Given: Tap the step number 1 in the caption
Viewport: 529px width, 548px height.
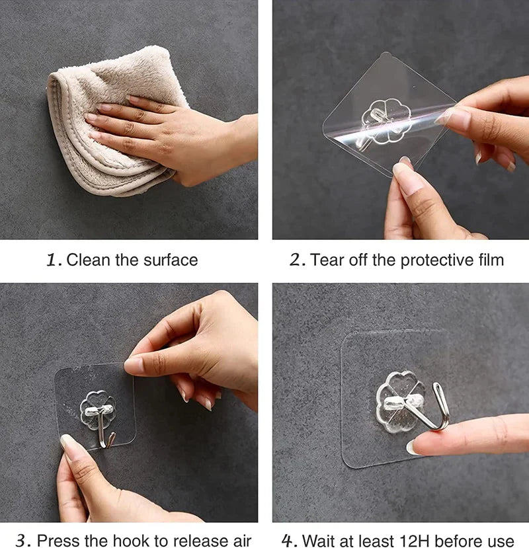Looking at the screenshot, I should [52, 260].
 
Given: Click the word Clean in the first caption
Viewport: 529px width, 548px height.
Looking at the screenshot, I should [89, 260].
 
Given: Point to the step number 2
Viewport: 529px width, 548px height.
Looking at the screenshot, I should [296, 260].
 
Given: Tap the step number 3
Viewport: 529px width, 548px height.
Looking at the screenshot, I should [21, 540].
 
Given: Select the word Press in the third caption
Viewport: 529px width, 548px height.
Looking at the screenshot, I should [56, 540].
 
